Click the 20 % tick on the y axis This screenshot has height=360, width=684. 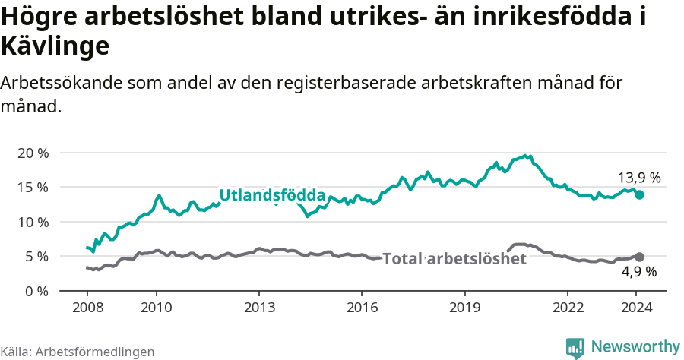32,153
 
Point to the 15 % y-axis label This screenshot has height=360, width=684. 32,187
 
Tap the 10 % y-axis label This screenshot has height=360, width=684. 32,222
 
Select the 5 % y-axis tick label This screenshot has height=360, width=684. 35,257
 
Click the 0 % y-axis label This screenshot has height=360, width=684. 35,291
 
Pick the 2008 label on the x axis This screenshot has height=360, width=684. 87,307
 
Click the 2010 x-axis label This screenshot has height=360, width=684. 156,307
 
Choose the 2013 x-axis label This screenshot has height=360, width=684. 258,307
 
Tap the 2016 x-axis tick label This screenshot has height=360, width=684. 361,307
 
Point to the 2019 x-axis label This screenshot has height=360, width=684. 464,307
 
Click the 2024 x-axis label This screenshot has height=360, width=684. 636,307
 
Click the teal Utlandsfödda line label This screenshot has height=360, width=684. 272,195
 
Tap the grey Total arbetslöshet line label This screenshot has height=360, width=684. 454,259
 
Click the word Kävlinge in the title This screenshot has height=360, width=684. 55,46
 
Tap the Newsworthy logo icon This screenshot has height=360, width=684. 575,348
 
